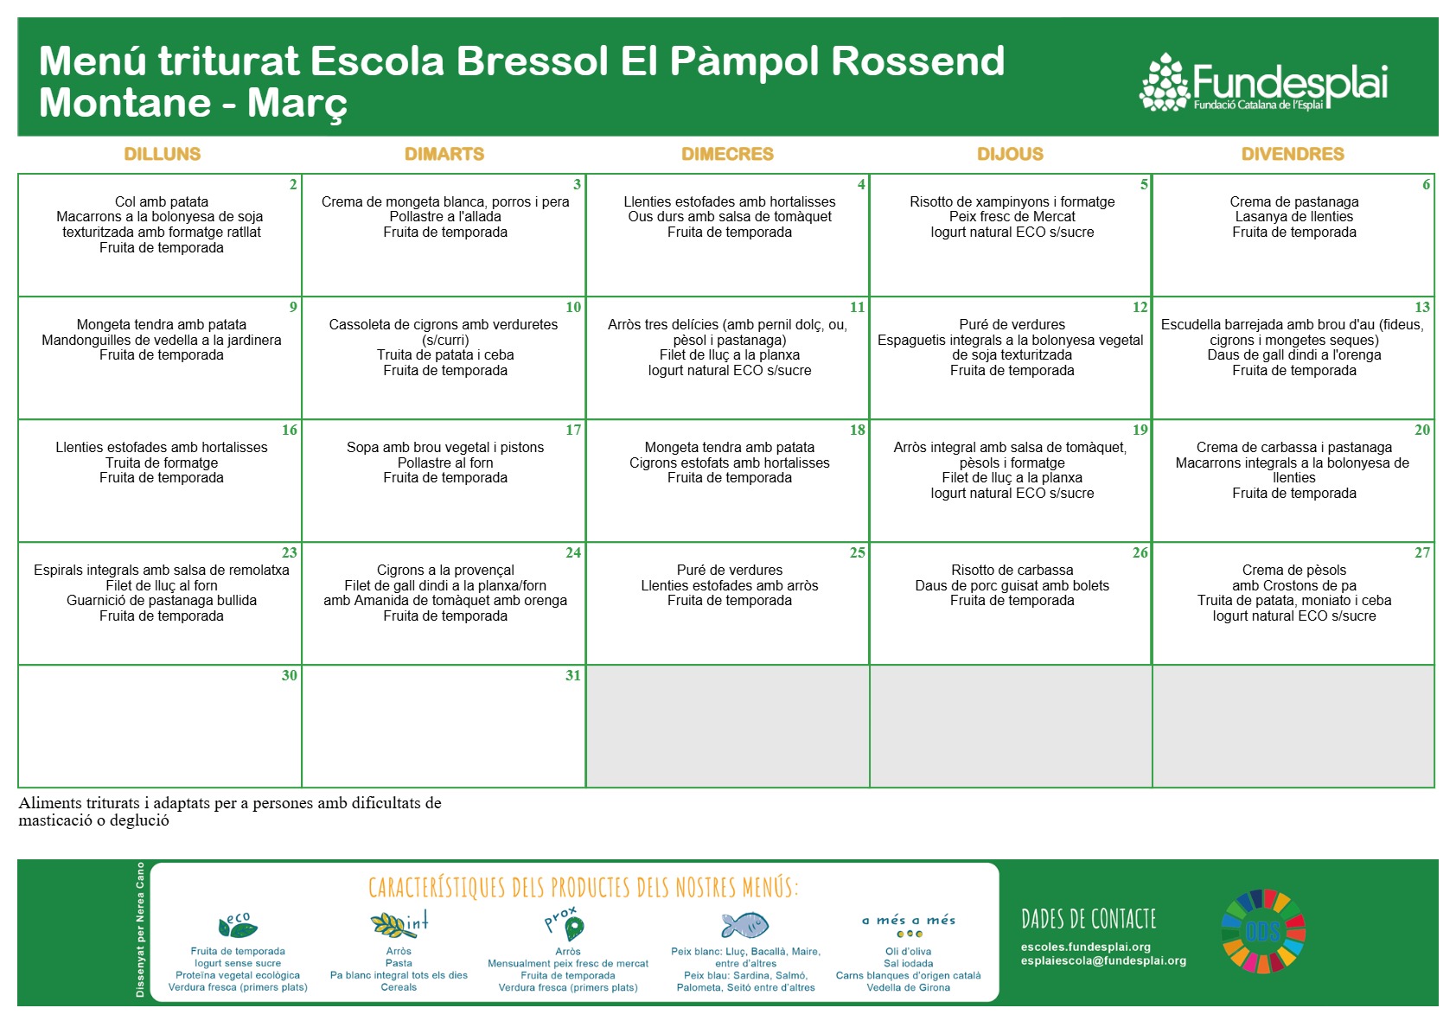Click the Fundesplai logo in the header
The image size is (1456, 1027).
click(1263, 82)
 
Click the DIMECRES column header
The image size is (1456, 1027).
click(727, 154)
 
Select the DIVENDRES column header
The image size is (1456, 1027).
click(1293, 154)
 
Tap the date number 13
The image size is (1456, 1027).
click(1422, 307)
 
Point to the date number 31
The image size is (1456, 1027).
click(572, 675)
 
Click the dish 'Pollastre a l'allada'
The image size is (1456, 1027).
click(445, 216)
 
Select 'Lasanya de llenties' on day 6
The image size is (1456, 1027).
click(1294, 216)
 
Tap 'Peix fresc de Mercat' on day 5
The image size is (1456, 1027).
click(1012, 216)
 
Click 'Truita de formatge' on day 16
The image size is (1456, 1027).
click(162, 462)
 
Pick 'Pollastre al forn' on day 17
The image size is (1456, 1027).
click(445, 462)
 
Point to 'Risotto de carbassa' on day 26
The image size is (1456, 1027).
click(1012, 570)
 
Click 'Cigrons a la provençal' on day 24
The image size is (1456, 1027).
click(445, 570)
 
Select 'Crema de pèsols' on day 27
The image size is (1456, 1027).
click(1294, 570)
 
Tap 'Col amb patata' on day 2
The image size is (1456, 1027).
click(162, 201)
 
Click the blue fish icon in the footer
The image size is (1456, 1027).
click(745, 925)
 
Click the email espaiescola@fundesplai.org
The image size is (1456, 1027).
click(1103, 960)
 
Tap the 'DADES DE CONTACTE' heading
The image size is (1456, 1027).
click(1089, 919)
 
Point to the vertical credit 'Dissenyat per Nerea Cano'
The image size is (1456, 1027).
click(140, 930)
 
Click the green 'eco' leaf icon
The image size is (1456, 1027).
click(237, 925)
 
